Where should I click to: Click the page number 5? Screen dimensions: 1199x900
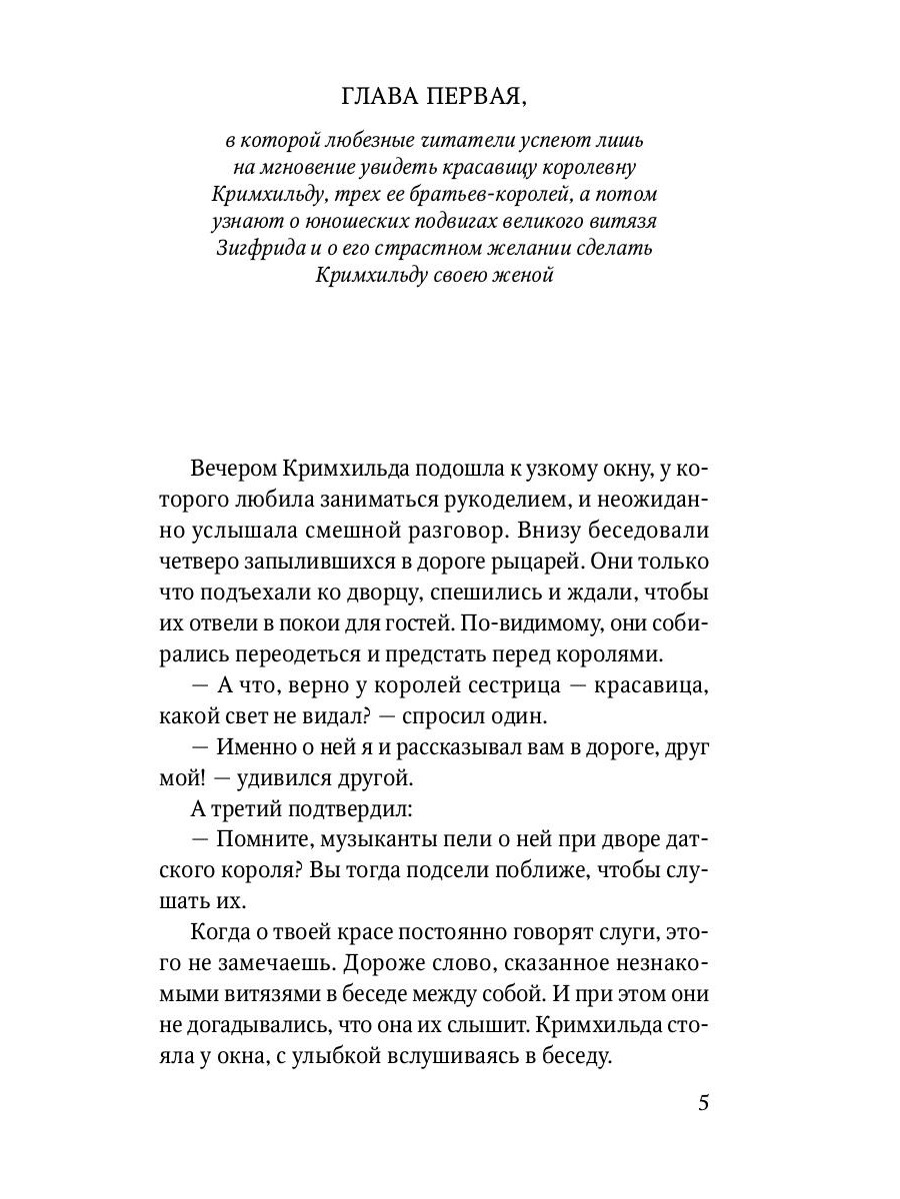703,1103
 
